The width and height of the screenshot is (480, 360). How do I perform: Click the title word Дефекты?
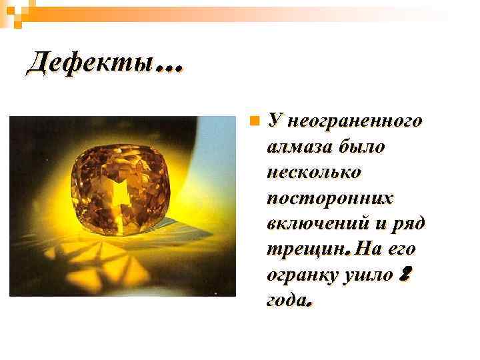coord(89,64)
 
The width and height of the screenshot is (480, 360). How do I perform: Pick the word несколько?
coord(313,172)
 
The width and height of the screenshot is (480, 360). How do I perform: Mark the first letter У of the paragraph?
coord(273,121)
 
